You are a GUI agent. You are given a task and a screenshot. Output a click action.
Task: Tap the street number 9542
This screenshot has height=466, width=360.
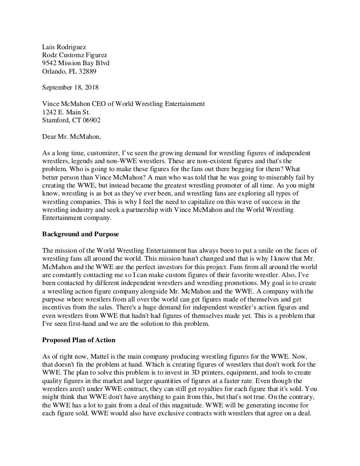[50, 63]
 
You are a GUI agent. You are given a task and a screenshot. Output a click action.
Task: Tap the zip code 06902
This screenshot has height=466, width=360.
[90, 120]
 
